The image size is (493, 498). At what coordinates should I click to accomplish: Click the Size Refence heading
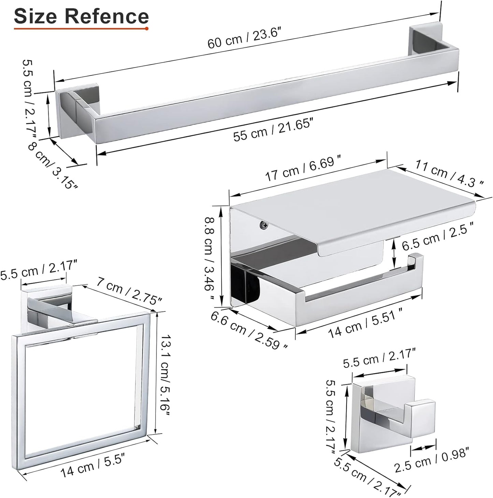click(x=81, y=16)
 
